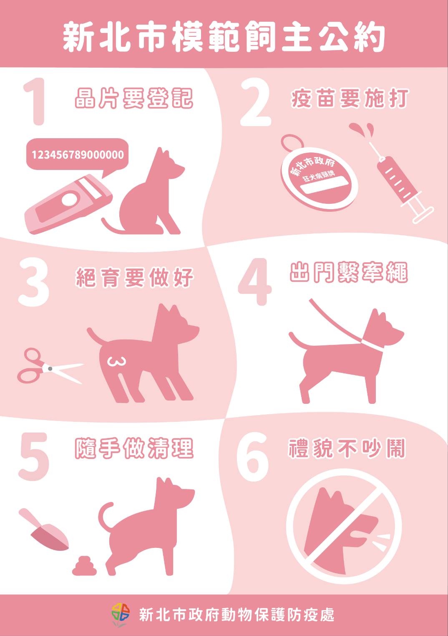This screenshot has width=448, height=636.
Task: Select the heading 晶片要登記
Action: click(x=134, y=99)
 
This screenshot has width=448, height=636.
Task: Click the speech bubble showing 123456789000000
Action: click(x=78, y=155)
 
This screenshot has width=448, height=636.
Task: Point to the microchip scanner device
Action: click(x=68, y=205)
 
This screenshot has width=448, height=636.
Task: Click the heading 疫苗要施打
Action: click(x=349, y=99)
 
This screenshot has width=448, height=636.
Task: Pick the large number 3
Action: click(x=33, y=282)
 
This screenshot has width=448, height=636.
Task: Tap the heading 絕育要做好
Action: click(x=135, y=277)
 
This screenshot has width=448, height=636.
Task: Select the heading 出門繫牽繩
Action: click(x=348, y=272)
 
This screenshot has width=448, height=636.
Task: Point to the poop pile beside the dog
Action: click(x=85, y=567)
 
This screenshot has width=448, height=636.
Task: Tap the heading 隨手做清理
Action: click(x=134, y=448)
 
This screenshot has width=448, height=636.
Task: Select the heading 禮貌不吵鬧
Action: click(x=347, y=448)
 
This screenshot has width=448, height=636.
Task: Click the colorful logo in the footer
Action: click(x=120, y=614)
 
